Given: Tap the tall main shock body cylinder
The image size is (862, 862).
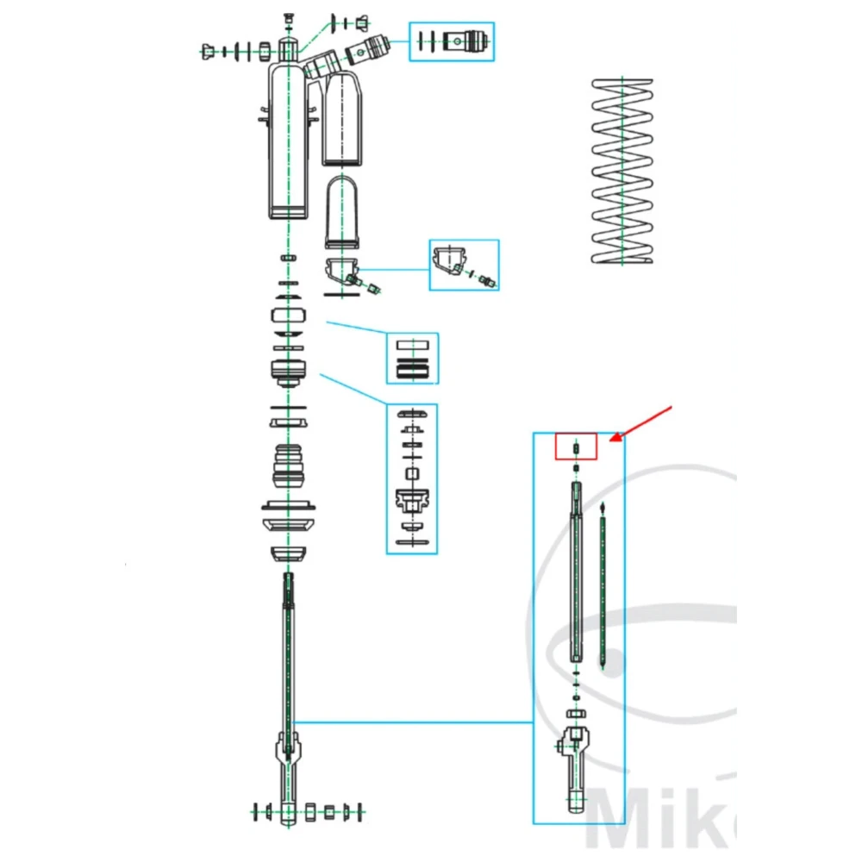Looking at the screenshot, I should pyautogui.click(x=286, y=142).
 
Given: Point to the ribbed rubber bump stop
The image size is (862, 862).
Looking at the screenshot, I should pyautogui.click(x=290, y=466).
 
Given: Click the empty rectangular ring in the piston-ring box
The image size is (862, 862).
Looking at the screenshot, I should pyautogui.click(x=411, y=344).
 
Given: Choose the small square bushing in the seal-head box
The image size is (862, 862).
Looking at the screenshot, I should pyautogui.click(x=411, y=473).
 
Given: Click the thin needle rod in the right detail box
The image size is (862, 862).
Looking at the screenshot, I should pyautogui.click(x=602, y=586).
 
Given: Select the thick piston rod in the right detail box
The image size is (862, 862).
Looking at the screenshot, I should pyautogui.click(x=576, y=578).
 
